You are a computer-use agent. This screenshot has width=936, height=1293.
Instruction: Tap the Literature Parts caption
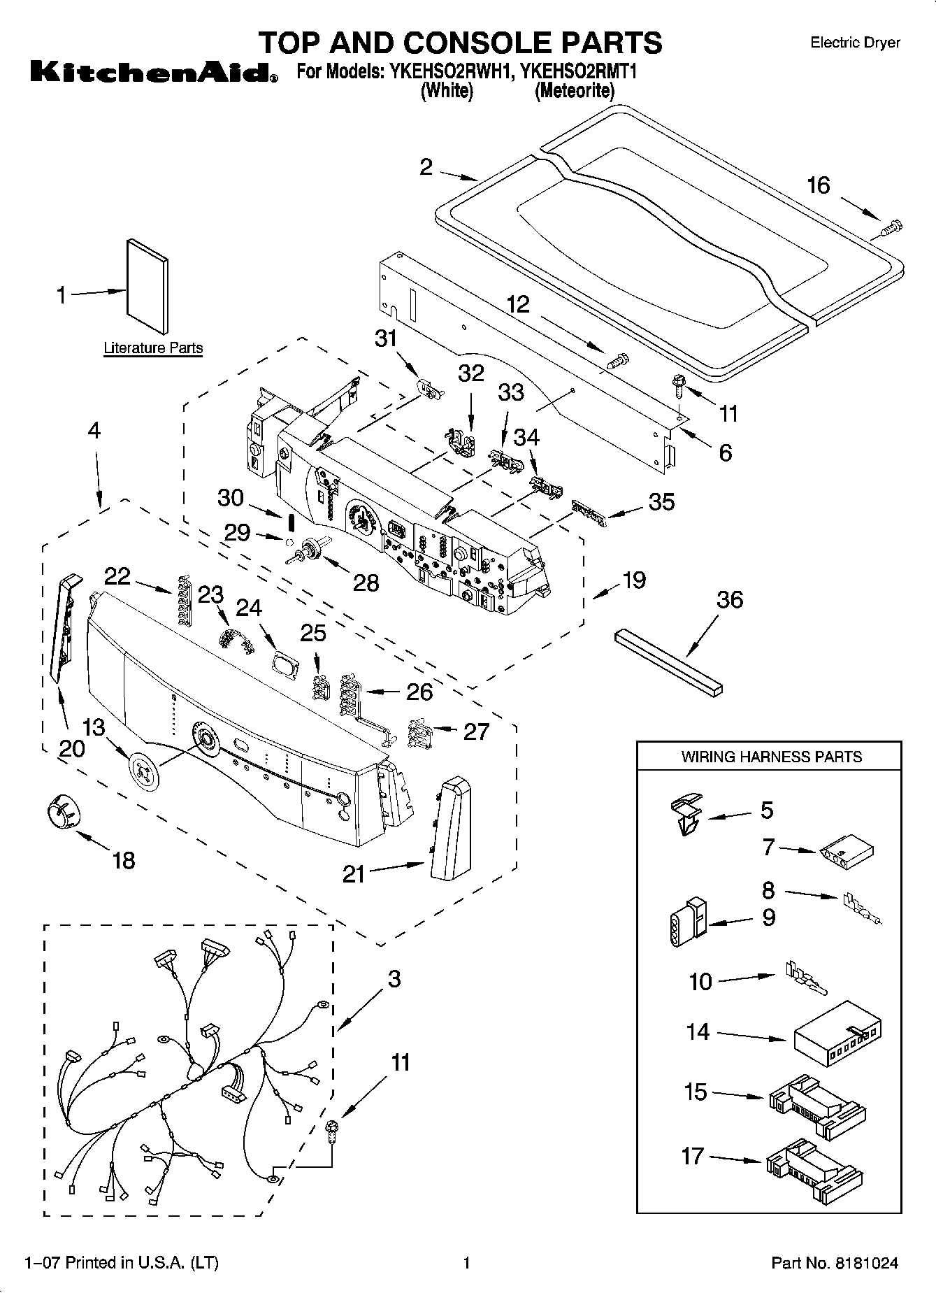tap(153, 348)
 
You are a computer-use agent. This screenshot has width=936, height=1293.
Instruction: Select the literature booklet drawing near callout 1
tap(147, 287)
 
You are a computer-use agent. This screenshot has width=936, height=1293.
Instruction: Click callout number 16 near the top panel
tap(819, 185)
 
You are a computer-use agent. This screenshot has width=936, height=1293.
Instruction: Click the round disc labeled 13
tap(144, 771)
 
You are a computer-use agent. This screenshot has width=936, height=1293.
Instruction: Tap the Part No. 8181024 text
tap(834, 1263)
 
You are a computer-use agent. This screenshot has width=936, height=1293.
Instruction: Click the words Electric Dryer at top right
tap(855, 43)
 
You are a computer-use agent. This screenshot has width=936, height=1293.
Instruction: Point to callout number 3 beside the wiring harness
tap(394, 978)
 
